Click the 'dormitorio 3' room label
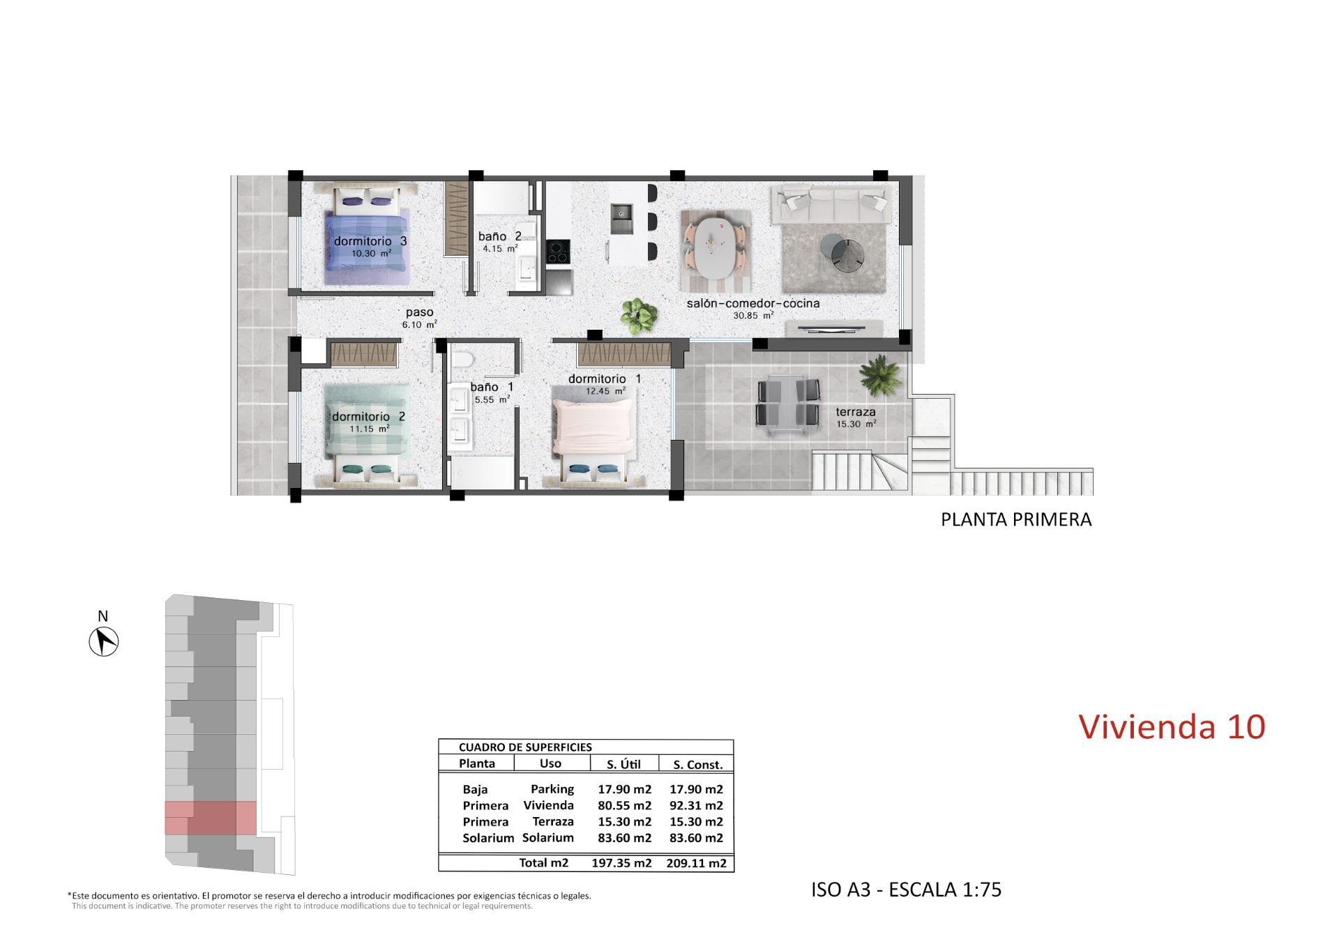click(x=370, y=241)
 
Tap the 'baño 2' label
click(x=499, y=237)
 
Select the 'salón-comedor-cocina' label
click(x=752, y=304)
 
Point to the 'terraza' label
click(x=856, y=412)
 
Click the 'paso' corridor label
click(x=419, y=313)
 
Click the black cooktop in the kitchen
click(x=557, y=252)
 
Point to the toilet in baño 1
click(x=462, y=359)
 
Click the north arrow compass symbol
click(x=104, y=641)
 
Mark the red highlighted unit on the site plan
click(x=211, y=818)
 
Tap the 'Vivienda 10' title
click(x=1172, y=726)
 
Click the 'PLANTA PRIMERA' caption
click(x=1016, y=520)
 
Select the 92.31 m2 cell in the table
click(x=696, y=806)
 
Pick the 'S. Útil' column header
click(x=623, y=765)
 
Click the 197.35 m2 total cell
click(x=621, y=863)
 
